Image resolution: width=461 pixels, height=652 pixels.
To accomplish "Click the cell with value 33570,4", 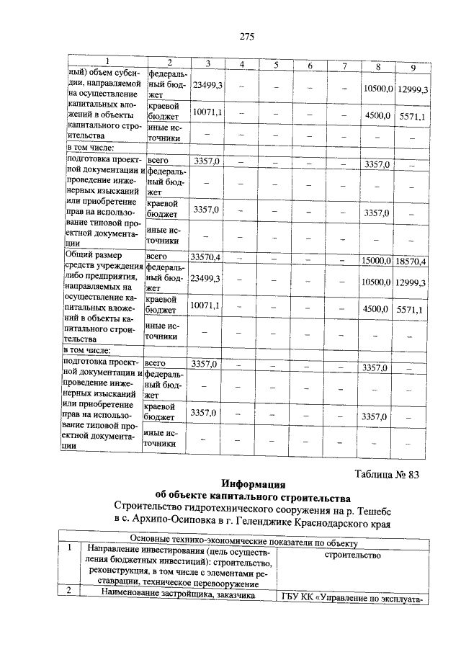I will [x=205, y=257].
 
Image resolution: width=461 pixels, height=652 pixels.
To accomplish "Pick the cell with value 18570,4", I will [x=411, y=260].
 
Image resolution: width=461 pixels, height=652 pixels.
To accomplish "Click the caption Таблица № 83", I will [x=388, y=474].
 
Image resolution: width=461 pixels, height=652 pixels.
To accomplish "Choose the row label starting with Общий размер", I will [x=94, y=254].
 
